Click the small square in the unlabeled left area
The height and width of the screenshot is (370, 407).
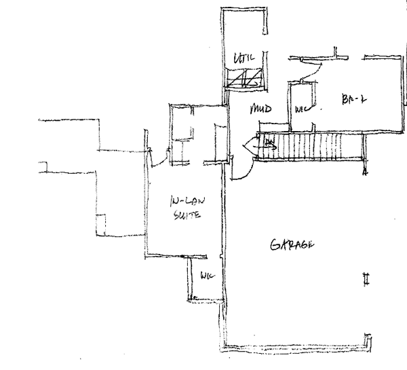[x=102, y=224]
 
